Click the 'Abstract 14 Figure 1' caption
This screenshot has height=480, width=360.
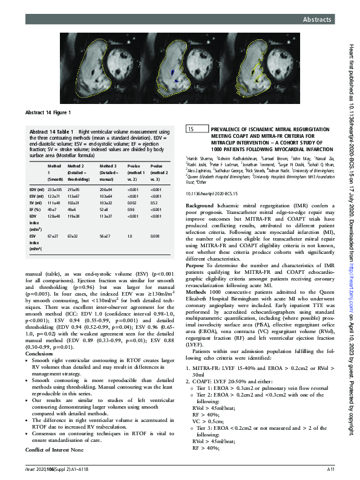[48, 113]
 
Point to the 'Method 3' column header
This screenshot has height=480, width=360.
[106, 164]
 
